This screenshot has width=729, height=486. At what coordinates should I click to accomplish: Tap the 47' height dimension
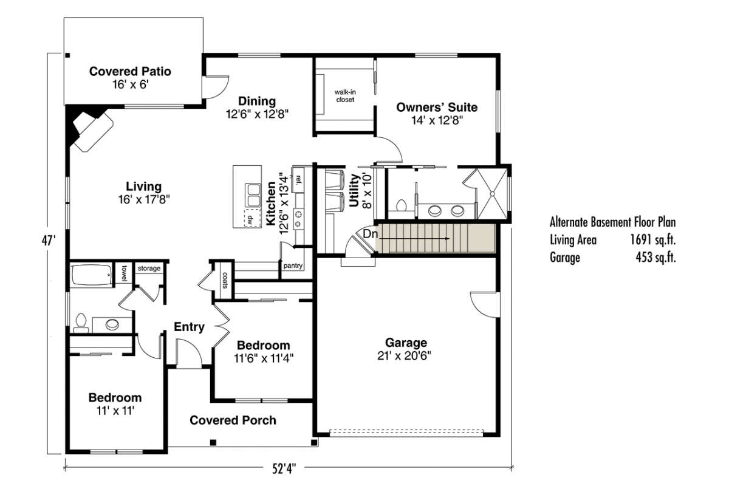point(49,241)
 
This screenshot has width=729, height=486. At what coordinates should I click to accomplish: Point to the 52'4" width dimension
point(284,469)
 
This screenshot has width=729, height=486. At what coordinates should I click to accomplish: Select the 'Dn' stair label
point(371,234)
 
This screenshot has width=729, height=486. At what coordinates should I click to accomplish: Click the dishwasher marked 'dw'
point(253,218)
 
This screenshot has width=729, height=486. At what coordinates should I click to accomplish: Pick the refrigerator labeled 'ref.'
point(298,179)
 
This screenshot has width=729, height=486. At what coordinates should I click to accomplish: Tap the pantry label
point(293,265)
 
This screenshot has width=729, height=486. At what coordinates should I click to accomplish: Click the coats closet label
point(225,280)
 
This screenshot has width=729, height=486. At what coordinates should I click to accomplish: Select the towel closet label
point(124,273)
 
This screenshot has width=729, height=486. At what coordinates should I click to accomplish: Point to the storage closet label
point(149,269)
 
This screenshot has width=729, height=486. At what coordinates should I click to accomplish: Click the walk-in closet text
point(345,96)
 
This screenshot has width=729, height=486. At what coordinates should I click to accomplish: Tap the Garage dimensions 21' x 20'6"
point(404,356)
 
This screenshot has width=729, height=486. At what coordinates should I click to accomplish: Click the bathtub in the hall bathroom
point(92,275)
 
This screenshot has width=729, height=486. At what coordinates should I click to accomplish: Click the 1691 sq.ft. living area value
point(653,240)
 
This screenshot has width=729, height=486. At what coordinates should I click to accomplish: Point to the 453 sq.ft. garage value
point(655,258)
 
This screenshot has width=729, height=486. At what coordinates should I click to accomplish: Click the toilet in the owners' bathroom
point(402,206)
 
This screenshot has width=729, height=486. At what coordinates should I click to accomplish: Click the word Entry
point(189,327)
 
